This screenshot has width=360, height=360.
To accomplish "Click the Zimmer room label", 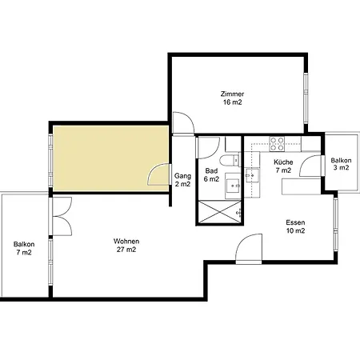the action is pos(232,94).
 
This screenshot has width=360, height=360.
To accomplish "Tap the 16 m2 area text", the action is pos(233,102).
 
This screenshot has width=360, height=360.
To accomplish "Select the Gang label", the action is pos(182,176).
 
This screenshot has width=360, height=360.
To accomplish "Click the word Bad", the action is pos(211,170).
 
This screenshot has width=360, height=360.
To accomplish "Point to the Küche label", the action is pos(283,162).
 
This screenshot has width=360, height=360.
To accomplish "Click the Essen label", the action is pos(295,222).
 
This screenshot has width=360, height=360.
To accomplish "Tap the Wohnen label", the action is pos(126,241).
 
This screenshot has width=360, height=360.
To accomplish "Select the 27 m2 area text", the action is pos(126,250).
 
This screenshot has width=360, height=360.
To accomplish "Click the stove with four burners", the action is pos(277,144).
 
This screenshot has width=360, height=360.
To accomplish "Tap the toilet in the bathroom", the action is pos(230,159).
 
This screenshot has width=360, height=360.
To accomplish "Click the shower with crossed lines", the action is pos(220,212).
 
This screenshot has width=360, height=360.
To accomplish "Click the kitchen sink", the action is pos(252,175).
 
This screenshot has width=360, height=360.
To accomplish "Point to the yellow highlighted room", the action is pos(110,158).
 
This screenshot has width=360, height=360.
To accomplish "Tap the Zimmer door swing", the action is pos(183,122).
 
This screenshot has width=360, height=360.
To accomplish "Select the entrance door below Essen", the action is pos(249,249).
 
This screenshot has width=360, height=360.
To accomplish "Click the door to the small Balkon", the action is pos(311,166).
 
